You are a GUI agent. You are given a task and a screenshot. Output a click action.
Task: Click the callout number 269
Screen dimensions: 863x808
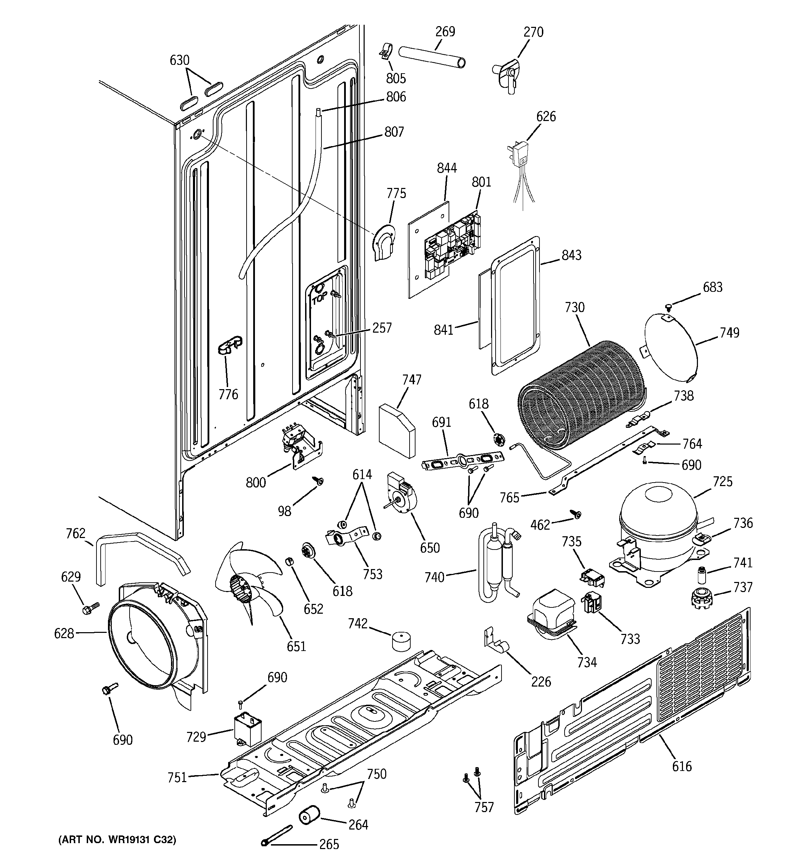click(445, 32)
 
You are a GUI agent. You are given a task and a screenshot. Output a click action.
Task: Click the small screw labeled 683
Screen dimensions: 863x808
click(668, 307)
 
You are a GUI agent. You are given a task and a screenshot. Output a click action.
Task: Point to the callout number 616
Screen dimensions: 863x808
click(682, 778)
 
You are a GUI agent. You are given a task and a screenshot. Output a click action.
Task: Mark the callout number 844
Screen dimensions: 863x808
click(447, 168)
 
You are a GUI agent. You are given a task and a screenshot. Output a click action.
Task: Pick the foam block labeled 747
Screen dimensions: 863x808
click(396, 430)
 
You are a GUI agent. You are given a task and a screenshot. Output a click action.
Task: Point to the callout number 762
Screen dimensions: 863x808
click(76, 533)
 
